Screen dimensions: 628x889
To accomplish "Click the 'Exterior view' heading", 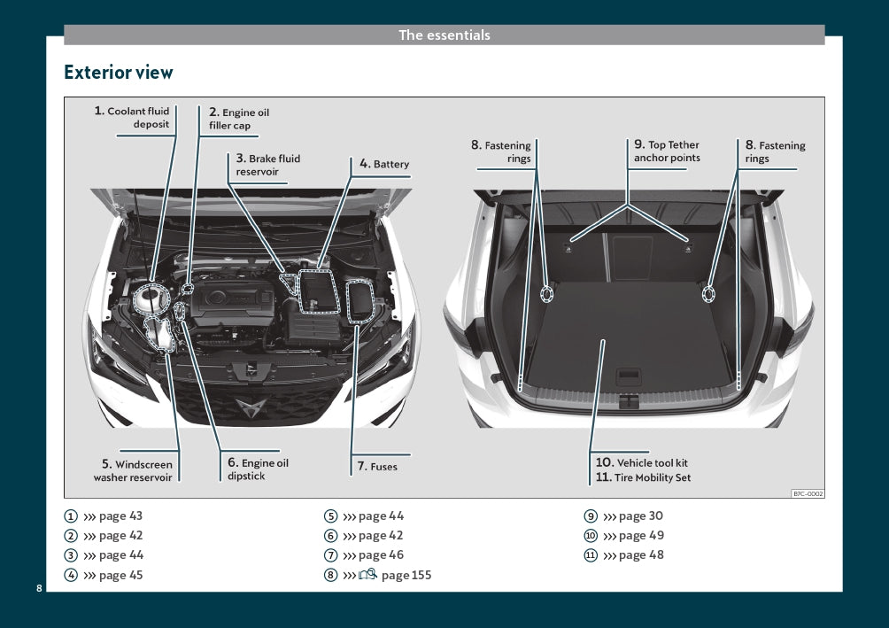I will click(x=119, y=73).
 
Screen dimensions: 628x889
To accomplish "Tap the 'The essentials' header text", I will click(x=444, y=35).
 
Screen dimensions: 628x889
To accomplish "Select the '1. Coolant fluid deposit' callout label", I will click(x=133, y=118).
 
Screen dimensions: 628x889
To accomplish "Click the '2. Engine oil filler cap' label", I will click(x=238, y=119).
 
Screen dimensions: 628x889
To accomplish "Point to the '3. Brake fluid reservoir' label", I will click(x=267, y=165).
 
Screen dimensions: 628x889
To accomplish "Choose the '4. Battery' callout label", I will click(x=384, y=164).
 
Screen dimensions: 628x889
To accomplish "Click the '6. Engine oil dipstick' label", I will click(x=257, y=469).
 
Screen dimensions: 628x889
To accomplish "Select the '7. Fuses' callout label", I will click(x=377, y=466).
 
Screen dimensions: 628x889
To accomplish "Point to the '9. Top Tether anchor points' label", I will click(x=667, y=151).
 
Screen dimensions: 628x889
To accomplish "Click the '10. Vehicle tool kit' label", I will click(x=641, y=462).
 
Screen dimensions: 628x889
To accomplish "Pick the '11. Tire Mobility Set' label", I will click(x=642, y=477).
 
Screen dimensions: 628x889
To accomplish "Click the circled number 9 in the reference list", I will click(x=590, y=516).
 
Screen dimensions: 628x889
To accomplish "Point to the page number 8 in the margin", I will click(x=39, y=588).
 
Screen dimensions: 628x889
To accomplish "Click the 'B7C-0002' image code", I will click(x=807, y=493).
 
